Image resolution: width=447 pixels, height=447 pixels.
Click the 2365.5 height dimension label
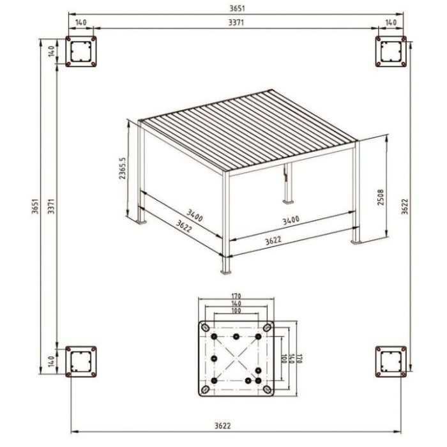(x=122, y=168)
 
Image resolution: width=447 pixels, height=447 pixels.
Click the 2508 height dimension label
(x=381, y=197)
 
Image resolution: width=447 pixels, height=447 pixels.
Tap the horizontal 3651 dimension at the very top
(x=237, y=8)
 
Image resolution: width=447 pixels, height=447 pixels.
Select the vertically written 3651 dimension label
(x=34, y=206)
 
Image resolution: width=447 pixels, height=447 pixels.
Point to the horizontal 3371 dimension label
(x=236, y=22)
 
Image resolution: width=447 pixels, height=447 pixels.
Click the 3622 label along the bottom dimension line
(x=222, y=426)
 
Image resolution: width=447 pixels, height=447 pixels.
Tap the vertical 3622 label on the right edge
(x=405, y=206)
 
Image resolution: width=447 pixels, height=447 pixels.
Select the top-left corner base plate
(x=81, y=51)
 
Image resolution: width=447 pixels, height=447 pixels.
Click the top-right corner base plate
(x=391, y=51)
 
